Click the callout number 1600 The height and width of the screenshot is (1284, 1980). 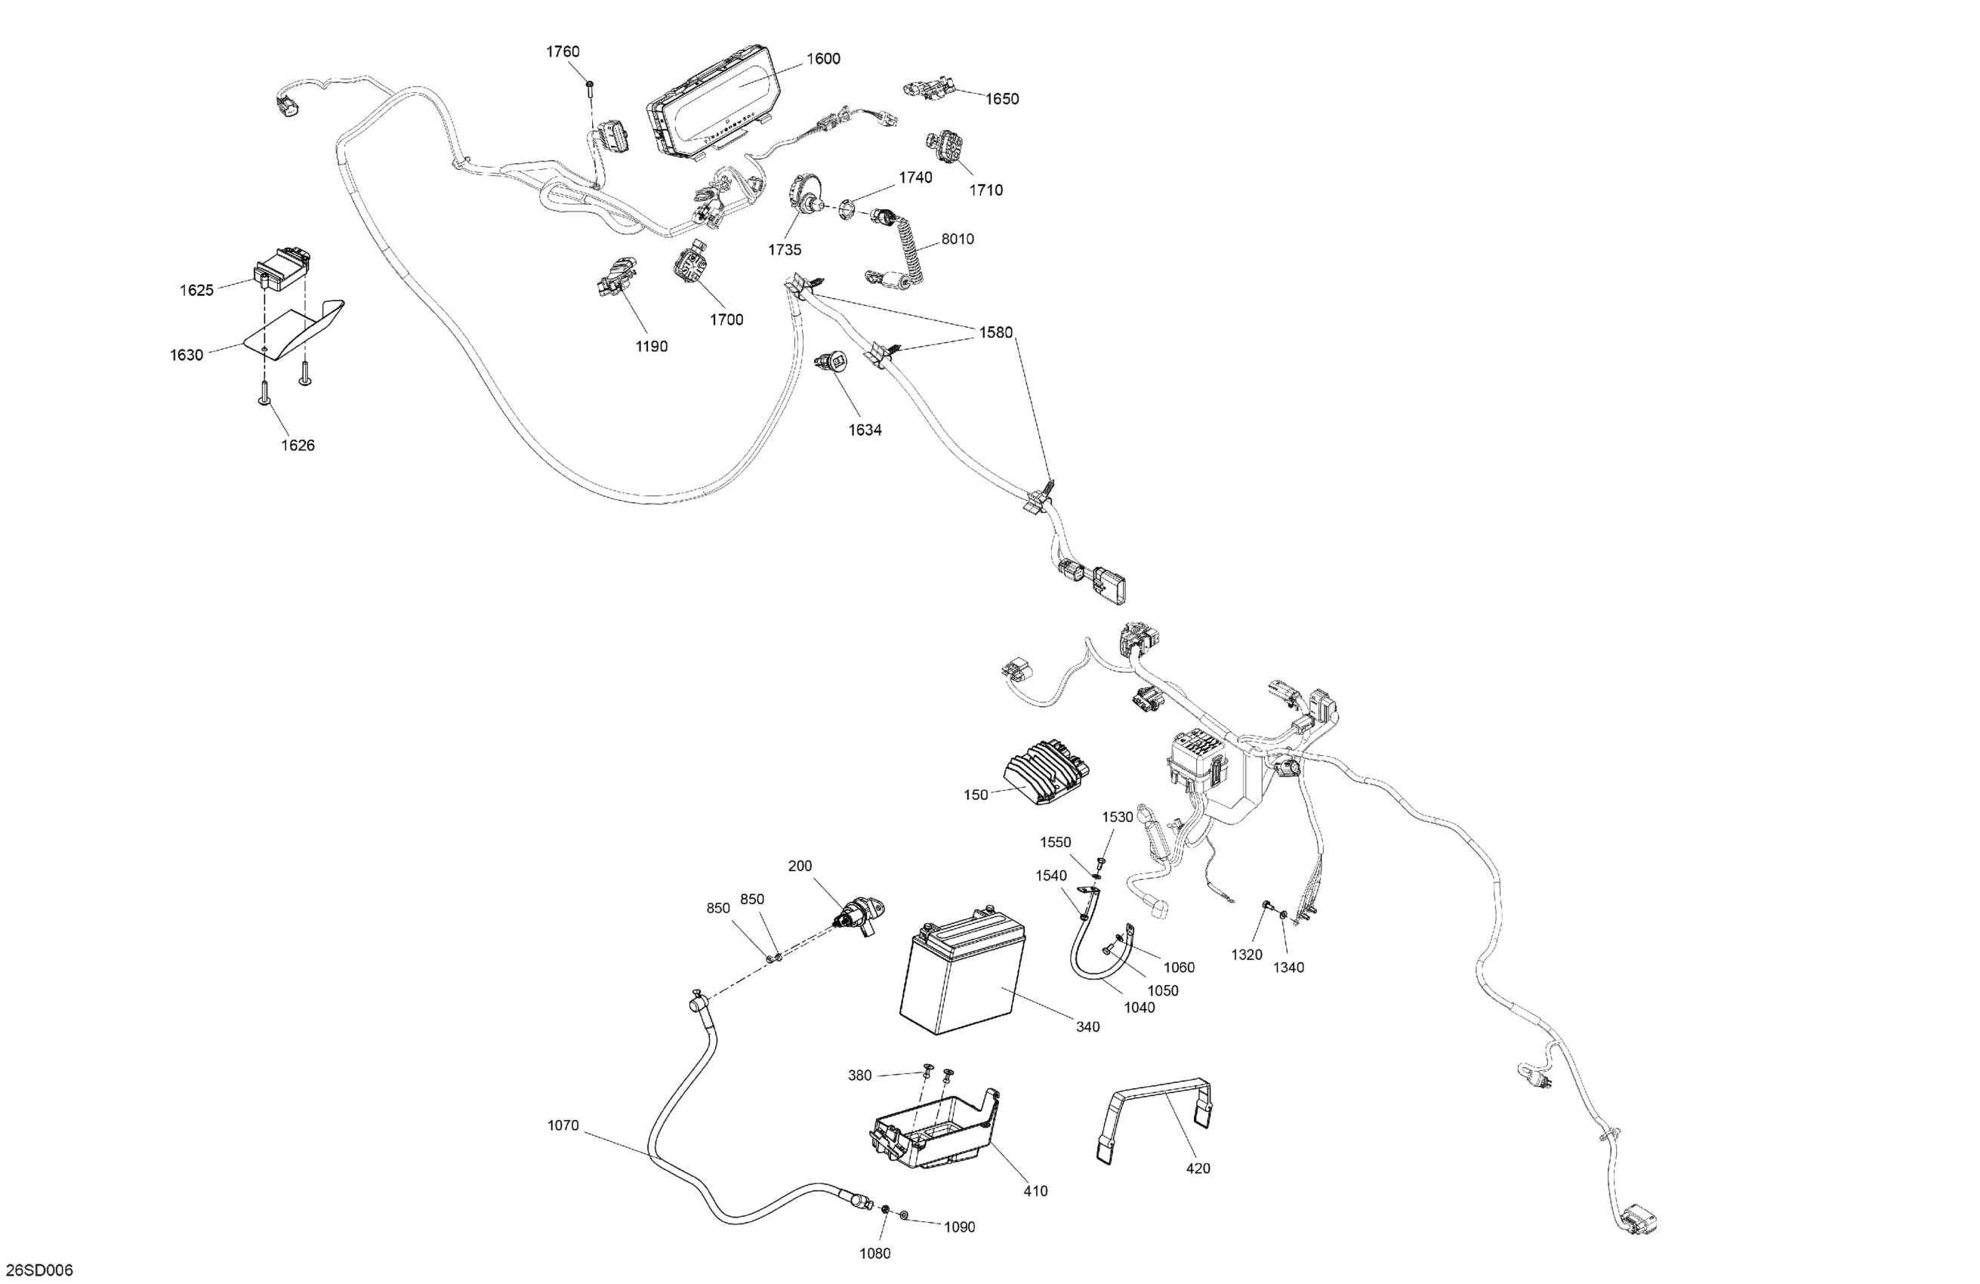coord(823,59)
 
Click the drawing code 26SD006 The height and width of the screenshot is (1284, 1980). coord(39,1270)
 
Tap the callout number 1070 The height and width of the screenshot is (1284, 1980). coord(563,1126)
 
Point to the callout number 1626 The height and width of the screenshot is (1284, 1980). coord(298,445)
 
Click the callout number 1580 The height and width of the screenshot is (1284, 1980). coord(996,333)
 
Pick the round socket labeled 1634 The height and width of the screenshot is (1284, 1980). coord(831,363)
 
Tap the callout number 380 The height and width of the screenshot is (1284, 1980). coord(859,1075)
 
